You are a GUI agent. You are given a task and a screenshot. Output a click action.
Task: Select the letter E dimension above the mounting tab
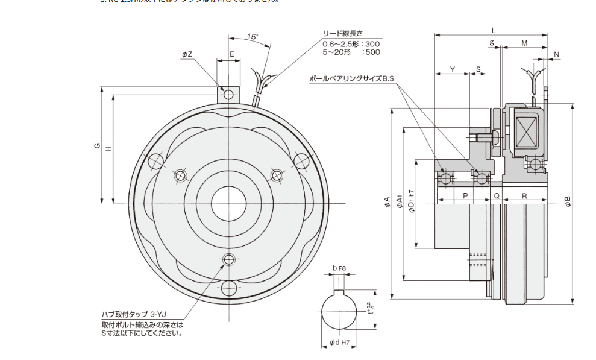click(232, 54)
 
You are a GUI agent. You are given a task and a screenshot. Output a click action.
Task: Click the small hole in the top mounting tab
click(228, 94)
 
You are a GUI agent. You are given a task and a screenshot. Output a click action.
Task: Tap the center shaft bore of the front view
click(228, 199)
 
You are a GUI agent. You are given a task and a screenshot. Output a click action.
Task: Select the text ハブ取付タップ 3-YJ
click(134, 315)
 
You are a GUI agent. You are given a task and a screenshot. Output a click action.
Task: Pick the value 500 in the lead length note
click(372, 52)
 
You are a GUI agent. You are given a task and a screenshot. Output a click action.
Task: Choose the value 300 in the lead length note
click(372, 44)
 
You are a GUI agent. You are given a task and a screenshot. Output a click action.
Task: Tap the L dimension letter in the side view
click(493, 30)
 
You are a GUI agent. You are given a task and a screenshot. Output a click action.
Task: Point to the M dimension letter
click(524, 43)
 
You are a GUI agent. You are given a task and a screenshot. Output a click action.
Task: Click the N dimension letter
click(557, 54)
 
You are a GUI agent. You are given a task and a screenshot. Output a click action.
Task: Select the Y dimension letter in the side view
click(453, 69)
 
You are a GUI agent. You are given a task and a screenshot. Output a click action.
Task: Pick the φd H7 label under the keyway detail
click(340, 343)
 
